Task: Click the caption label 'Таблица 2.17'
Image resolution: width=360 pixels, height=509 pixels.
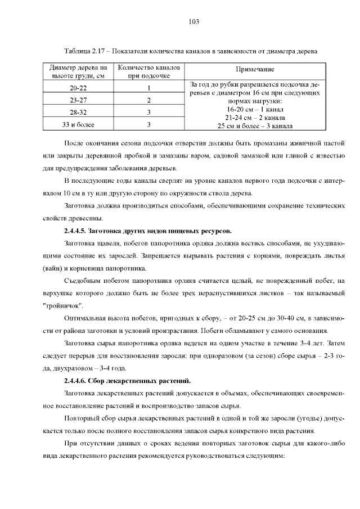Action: coord(86,51)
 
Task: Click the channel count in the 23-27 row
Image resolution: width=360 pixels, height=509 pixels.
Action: coord(148,100)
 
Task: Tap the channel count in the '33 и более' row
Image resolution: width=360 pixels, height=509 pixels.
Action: coord(148,124)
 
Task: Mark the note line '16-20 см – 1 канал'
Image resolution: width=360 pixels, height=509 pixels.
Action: coord(255,109)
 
